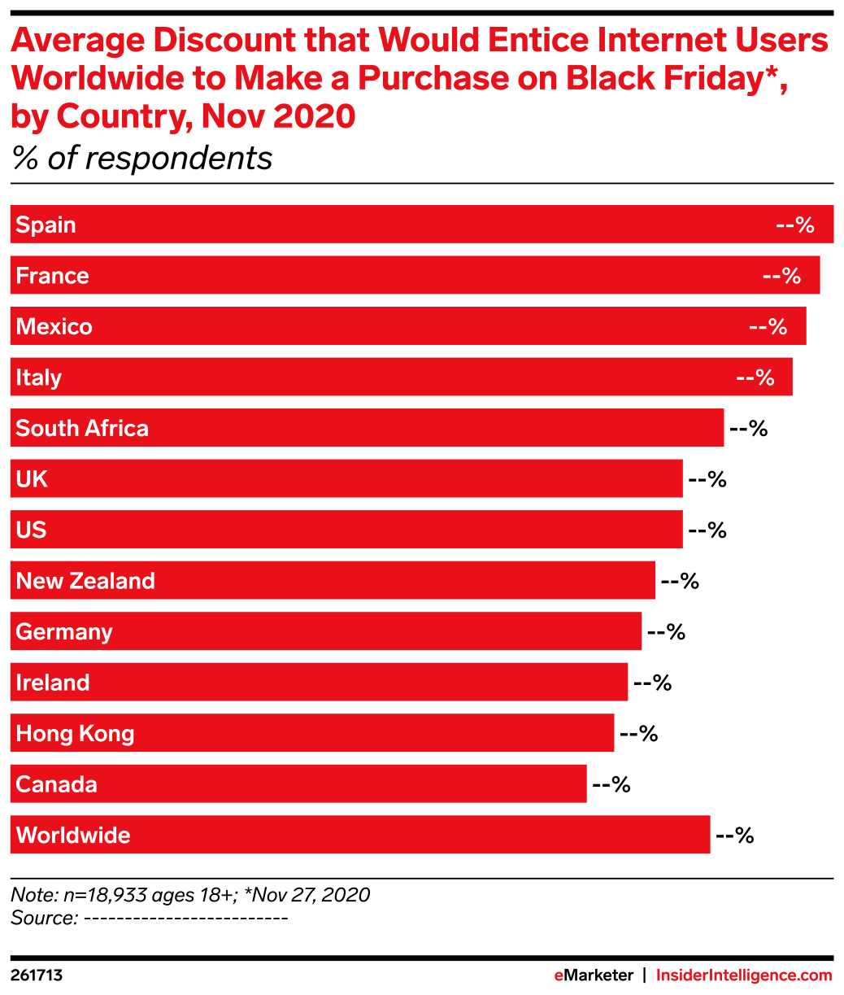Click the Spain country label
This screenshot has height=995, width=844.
tap(46, 225)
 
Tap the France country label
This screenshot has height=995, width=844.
tap(52, 276)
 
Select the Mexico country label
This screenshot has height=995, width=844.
tap(54, 327)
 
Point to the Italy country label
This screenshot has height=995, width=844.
tap(38, 378)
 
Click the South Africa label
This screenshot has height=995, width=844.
tap(82, 429)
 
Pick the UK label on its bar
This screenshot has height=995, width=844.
tap(32, 480)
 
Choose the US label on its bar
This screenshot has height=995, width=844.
tap(31, 530)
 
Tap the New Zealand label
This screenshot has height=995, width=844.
tap(85, 582)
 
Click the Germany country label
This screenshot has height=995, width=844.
tap(64, 632)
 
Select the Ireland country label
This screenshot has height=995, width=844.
tap(53, 683)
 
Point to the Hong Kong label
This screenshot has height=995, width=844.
tap(75, 734)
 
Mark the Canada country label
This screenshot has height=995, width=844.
tap(56, 785)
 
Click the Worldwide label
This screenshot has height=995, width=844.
tap(73, 836)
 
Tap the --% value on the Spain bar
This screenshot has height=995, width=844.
tap(794, 225)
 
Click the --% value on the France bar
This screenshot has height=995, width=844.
tap(781, 277)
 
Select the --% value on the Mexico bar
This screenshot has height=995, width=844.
tap(768, 327)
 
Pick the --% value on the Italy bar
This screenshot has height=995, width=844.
tap(755, 378)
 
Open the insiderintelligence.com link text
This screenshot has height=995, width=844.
tap(744, 975)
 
